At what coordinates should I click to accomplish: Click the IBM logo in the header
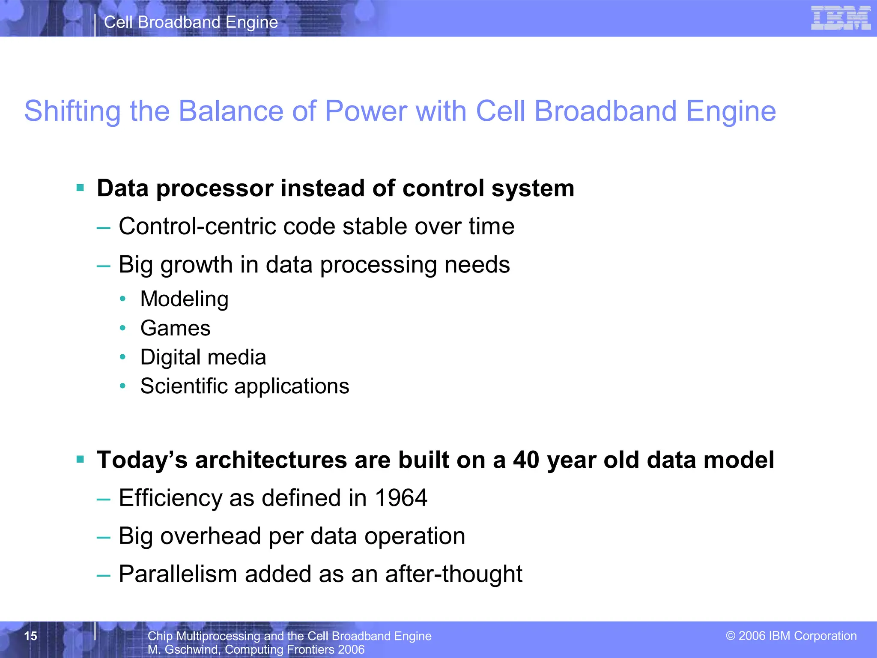pyautogui.click(x=840, y=18)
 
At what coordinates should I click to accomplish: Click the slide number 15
pyautogui.click(x=31, y=636)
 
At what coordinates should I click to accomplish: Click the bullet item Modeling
pyautogui.click(x=184, y=299)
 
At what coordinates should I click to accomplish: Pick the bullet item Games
pyautogui.click(x=175, y=328)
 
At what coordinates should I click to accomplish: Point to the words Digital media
pyautogui.click(x=203, y=357)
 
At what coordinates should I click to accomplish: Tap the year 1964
pyautogui.click(x=401, y=498)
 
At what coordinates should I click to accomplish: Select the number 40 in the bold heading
pyautogui.click(x=526, y=460)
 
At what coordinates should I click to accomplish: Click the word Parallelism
pyautogui.click(x=178, y=574)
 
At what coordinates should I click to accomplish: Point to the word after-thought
pyautogui.click(x=453, y=574)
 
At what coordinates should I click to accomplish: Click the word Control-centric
pyautogui.click(x=197, y=226)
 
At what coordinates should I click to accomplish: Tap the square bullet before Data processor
pyautogui.click(x=80, y=188)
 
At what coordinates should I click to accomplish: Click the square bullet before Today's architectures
pyautogui.click(x=80, y=460)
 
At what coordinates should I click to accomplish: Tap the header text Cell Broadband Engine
pyautogui.click(x=191, y=22)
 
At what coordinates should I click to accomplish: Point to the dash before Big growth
pyautogui.click(x=103, y=266)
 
